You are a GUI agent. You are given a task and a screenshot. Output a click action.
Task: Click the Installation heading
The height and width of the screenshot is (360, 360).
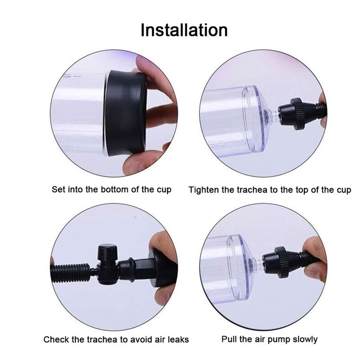click(x=184, y=30)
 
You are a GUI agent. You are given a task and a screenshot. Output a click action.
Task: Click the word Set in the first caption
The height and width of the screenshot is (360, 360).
click(x=58, y=189)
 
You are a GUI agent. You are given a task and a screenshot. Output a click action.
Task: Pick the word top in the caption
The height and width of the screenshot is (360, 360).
click(x=298, y=189)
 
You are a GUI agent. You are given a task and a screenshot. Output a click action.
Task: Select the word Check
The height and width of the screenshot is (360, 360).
click(x=55, y=339)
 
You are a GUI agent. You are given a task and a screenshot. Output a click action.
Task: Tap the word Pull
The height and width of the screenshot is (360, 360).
click(x=229, y=339)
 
